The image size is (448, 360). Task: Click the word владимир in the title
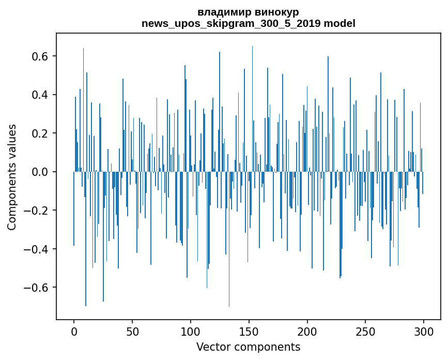click(x=222, y=12)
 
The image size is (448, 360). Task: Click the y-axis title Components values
click(x=12, y=177)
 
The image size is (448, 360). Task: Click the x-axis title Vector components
click(x=248, y=347)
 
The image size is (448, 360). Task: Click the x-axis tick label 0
click(x=74, y=331)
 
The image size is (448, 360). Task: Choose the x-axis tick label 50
click(x=132, y=331)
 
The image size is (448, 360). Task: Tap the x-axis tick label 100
click(x=191, y=331)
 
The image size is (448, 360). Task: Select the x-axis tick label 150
click(x=249, y=331)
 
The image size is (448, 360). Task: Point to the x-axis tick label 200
click(x=307, y=331)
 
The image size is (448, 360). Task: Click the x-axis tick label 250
click(x=365, y=331)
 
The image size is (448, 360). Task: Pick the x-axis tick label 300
click(x=424, y=331)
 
